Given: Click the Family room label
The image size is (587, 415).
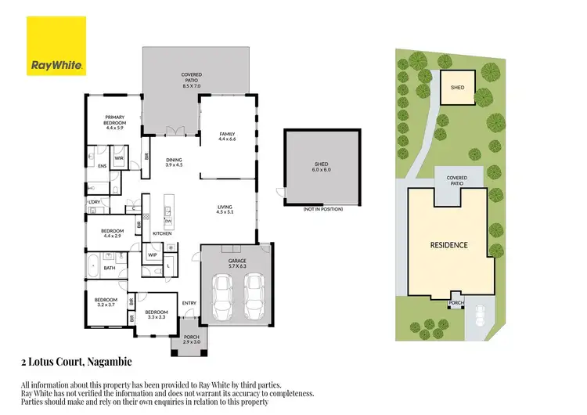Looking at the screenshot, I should [227, 136].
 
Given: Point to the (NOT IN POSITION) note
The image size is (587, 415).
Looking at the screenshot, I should [322, 210].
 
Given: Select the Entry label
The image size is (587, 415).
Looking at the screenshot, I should [189, 303].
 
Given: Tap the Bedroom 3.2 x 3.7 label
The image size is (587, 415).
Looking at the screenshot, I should [106, 302].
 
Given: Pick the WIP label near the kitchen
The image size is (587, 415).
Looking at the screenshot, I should [153, 254].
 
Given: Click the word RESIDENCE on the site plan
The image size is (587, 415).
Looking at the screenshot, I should [449, 245].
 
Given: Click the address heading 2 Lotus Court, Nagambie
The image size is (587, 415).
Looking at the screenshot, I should [76, 362].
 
